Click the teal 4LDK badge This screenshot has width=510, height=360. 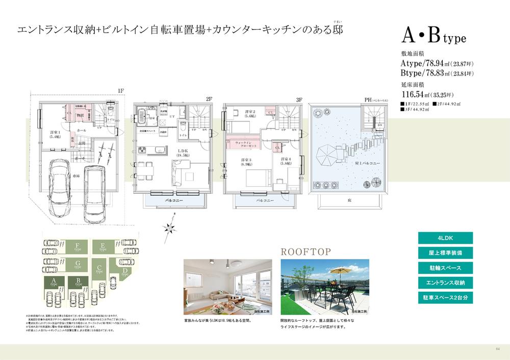445,238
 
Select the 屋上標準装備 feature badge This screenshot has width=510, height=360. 445,252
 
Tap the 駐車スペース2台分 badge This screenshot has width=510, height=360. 445,296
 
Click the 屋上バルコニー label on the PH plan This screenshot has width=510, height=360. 367,164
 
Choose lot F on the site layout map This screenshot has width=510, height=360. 77,247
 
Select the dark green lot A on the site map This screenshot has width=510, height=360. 54,282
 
